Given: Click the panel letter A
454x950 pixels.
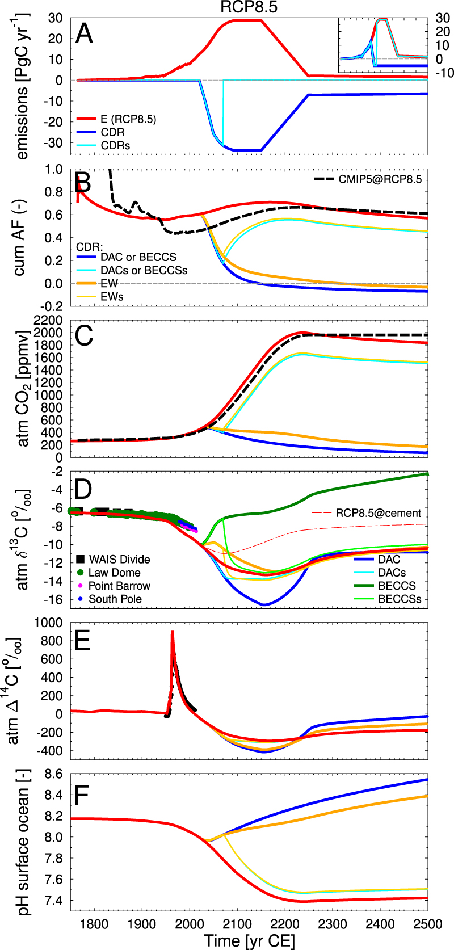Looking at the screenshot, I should [x=84, y=34].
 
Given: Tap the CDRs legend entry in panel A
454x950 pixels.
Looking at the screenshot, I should [x=115, y=146].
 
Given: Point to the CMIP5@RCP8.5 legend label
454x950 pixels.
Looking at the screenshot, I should [x=380, y=179].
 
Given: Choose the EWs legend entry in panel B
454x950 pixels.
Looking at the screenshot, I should [x=112, y=296].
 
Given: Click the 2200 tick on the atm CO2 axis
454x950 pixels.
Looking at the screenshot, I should [x=48, y=321].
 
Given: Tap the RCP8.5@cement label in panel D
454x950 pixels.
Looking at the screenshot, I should [x=379, y=513].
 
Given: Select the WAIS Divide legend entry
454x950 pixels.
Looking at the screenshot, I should [x=119, y=560].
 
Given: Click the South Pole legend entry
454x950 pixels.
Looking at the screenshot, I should [x=115, y=599].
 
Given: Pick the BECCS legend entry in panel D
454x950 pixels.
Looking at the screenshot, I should [x=397, y=586].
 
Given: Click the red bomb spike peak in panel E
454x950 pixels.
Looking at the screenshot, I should [x=173, y=632].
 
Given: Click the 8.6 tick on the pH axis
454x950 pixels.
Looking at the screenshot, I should [x=54, y=774].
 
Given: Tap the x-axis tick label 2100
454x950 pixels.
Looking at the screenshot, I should [x=237, y=924].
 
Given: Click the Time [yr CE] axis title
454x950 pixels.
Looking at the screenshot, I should [x=250, y=940].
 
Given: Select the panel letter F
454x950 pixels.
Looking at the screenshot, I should [x=82, y=796].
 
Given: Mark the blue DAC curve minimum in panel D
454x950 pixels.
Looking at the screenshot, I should [x=264, y=604].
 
